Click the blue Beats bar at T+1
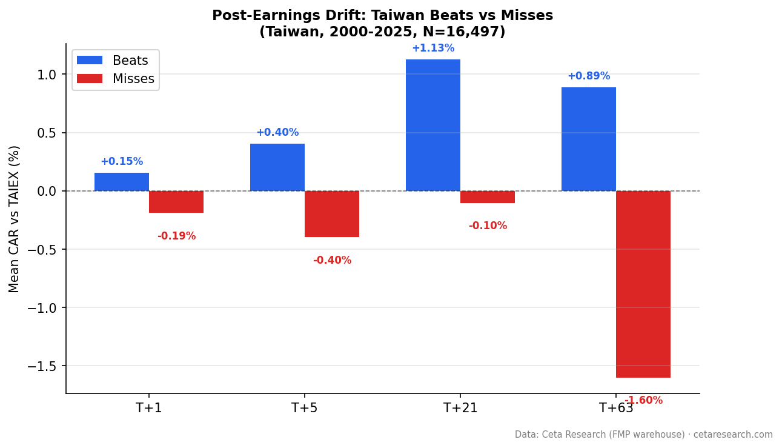tap(122, 182)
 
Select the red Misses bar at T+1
tap(176, 202)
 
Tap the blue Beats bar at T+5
tap(277, 167)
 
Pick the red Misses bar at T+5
tap(332, 214)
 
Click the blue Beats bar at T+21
tap(433, 125)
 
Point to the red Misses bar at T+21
tap(488, 197)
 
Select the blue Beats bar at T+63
tap(589, 139)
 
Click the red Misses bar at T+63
tap(643, 284)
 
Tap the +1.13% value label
tap(433, 48)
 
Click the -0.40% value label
tap(332, 261)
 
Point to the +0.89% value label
tap(589, 76)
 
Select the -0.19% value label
tap(176, 236)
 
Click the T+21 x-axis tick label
tap(460, 409)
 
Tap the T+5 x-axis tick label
tap(304, 409)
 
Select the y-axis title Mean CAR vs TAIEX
tap(15, 219)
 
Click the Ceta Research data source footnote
tap(643, 435)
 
